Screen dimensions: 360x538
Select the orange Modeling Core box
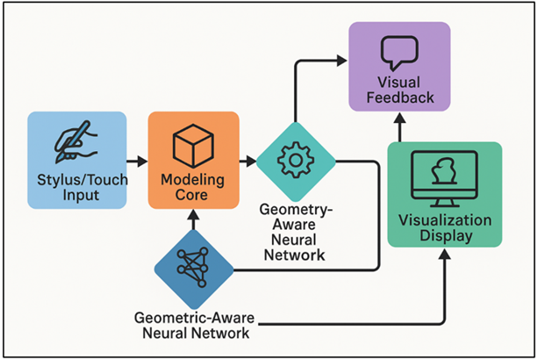(192, 160)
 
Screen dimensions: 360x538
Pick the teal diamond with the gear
(296, 161)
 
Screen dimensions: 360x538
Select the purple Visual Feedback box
(399, 67)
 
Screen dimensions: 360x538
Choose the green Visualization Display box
(445, 194)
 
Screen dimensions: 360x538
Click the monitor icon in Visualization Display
(444, 176)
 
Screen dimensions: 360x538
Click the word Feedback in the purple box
(399, 97)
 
